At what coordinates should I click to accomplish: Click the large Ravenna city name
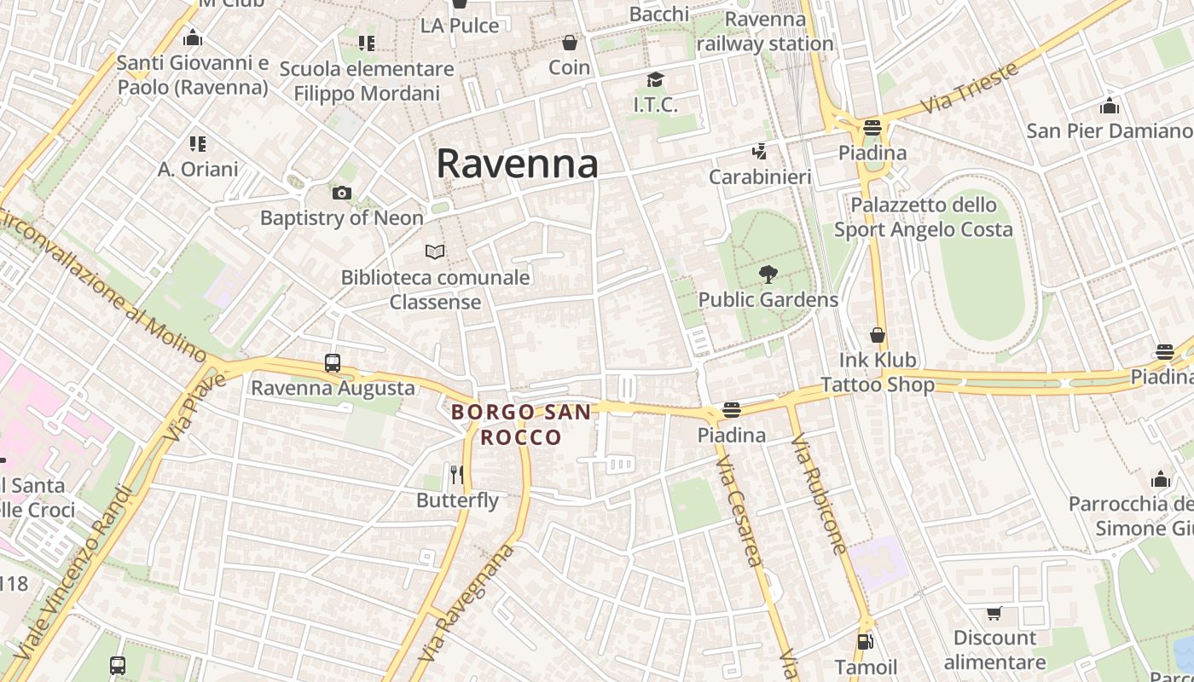tap(517, 164)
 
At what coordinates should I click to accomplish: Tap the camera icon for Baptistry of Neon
tap(342, 194)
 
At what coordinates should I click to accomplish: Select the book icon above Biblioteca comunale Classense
tap(435, 251)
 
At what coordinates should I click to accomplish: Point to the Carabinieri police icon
tap(759, 153)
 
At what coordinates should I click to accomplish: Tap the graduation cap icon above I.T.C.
tap(655, 80)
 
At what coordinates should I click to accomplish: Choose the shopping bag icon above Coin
tap(570, 43)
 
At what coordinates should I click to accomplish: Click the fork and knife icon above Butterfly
tap(457, 474)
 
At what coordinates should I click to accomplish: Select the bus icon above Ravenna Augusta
tap(333, 363)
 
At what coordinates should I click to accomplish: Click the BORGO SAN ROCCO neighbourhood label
tap(521, 425)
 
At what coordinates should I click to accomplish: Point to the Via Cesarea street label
tap(739, 511)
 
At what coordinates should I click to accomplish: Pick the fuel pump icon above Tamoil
tap(866, 641)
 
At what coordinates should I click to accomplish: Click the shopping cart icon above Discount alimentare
tap(994, 614)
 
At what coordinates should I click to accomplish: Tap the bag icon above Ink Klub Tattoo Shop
tap(878, 335)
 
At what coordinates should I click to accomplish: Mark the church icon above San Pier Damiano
tap(1110, 107)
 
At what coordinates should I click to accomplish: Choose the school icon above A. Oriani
tap(198, 144)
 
